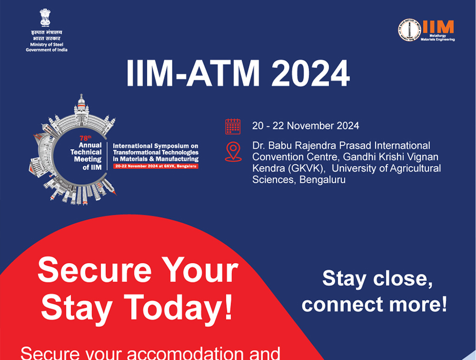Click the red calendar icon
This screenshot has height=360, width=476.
(233, 127)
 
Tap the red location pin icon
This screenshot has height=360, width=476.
(233, 152)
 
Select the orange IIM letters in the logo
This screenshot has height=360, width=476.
(438, 27)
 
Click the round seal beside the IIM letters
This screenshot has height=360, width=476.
(409, 30)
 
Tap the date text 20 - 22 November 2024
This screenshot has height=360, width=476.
(305, 126)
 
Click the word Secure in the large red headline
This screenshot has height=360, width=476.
(93, 271)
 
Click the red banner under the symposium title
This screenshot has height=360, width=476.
(156, 166)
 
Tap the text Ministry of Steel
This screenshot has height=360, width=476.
(46, 44)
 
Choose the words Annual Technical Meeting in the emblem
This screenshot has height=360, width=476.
(86, 152)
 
